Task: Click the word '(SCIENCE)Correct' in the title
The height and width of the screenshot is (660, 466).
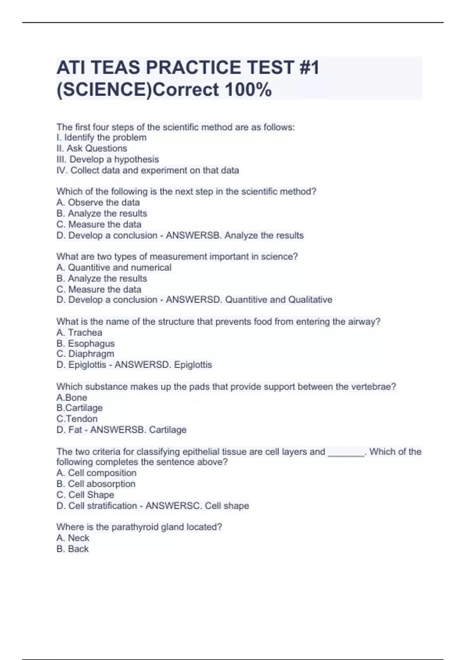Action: tap(138, 90)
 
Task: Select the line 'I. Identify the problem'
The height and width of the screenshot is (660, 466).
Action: tap(101, 137)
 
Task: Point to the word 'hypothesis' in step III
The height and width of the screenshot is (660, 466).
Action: tap(136, 159)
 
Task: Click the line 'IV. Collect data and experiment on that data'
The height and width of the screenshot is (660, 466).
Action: tap(148, 170)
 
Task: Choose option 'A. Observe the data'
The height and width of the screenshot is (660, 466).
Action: tap(98, 202)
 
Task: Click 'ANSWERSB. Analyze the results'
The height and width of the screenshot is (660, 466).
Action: tap(235, 235)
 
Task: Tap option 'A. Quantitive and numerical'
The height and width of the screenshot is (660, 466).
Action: tap(114, 267)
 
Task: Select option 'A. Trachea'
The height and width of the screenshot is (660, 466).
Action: tap(79, 332)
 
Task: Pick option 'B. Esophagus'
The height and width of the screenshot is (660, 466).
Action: tap(85, 343)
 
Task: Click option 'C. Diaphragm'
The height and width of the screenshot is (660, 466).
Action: tap(85, 354)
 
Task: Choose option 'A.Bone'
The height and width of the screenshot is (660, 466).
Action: tap(72, 398)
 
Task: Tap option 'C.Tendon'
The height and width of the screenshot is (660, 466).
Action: tap(77, 419)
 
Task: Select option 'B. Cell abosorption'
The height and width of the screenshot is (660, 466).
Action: tap(96, 484)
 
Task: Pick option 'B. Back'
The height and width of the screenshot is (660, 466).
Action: tap(73, 549)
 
